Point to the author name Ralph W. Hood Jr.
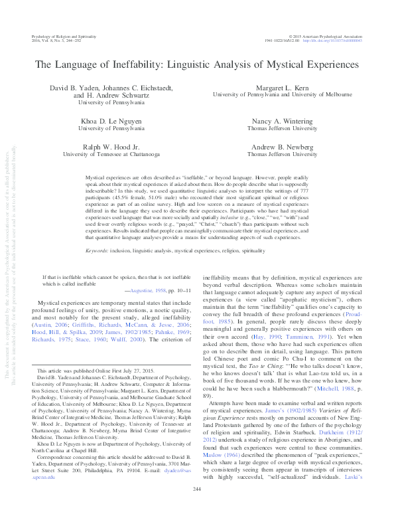click(x=101, y=145)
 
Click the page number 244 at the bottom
click(x=196, y=507)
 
